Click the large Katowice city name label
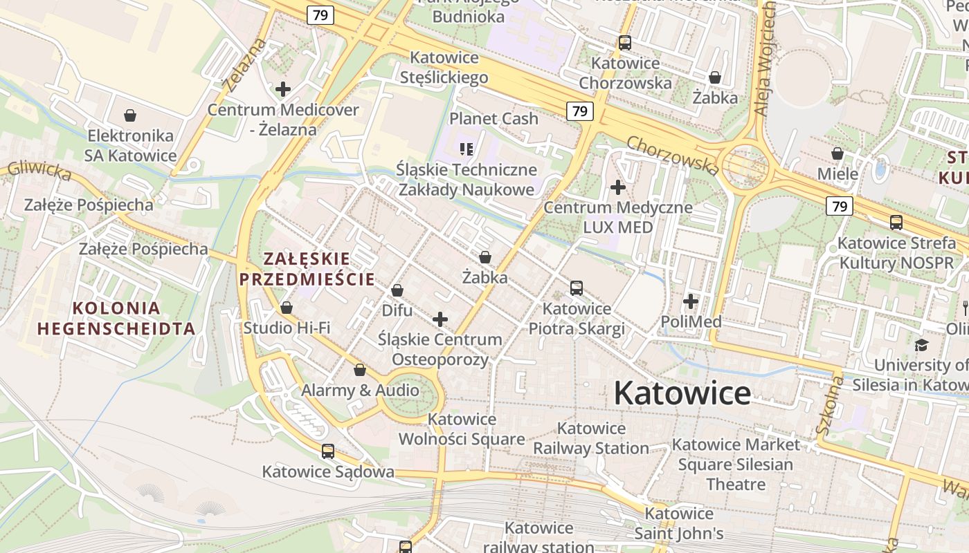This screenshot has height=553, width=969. (682, 393)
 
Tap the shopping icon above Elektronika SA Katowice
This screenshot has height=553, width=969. (130, 115)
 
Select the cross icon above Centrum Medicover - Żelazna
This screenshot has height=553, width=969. (283, 89)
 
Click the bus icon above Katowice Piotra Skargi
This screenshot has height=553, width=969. (577, 288)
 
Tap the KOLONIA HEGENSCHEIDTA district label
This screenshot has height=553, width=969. (116, 318)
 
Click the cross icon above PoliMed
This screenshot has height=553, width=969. (691, 301)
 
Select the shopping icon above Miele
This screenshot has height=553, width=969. (837, 153)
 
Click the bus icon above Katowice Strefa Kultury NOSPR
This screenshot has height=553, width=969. (896, 223)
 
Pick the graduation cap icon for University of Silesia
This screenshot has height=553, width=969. (921, 345)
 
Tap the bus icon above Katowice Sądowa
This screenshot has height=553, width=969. (328, 451)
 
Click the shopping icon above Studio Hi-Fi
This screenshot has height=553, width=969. (287, 308)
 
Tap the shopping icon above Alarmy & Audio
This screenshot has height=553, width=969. (360, 371)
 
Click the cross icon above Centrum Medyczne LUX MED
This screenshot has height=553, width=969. (618, 187)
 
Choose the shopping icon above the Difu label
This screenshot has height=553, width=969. (397, 290)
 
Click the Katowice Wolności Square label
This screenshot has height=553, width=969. (462, 429)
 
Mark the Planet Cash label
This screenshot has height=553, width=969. (493, 118)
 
